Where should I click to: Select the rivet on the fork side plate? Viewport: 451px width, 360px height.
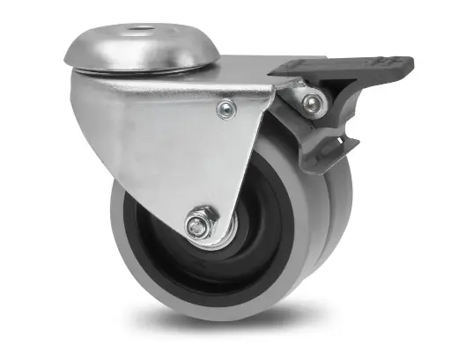coord(226,110)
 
